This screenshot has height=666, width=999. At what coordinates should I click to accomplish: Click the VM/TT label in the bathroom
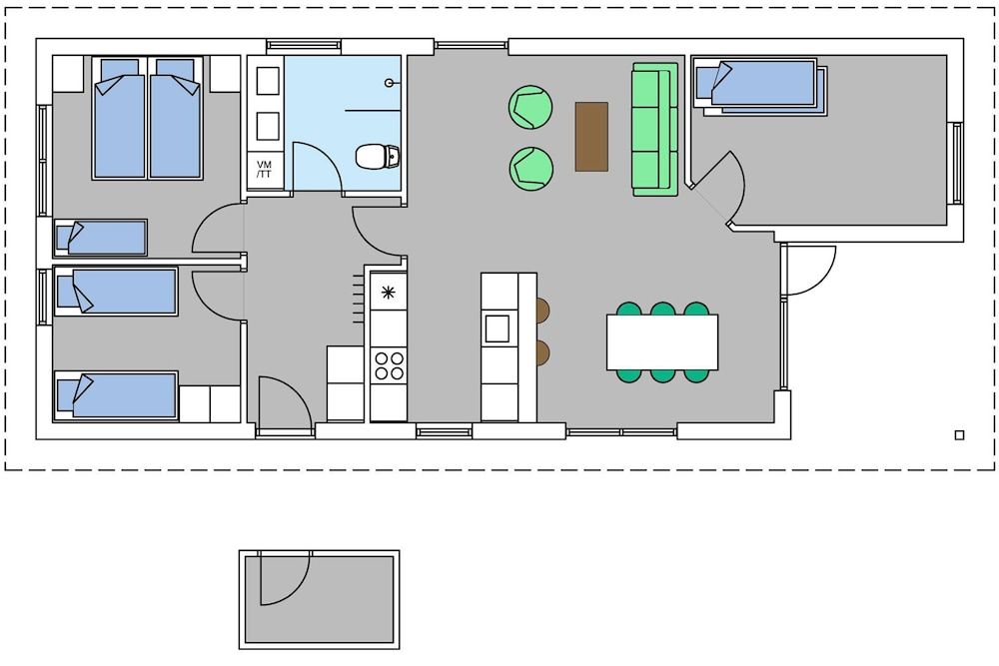coord(265,170)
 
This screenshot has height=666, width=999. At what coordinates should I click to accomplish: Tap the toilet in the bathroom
coord(379,156)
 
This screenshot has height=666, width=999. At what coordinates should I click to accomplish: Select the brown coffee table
coord(591,136)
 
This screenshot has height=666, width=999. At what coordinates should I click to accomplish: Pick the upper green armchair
coord(531,107)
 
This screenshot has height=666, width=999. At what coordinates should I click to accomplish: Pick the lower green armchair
coord(531,168)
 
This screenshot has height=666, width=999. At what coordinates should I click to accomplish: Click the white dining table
coord(662,341)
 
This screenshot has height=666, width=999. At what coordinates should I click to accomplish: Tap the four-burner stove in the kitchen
coord(389,365)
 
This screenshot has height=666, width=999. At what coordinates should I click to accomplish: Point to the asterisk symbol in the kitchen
coord(388,294)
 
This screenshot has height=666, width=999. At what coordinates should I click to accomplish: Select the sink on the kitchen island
coord(498,329)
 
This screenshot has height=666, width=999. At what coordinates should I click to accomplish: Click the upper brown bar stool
coord(543,311)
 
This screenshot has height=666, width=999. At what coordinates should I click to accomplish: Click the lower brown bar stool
coord(543,352)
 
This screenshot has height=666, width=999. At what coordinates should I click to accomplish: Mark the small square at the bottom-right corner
coord(959,434)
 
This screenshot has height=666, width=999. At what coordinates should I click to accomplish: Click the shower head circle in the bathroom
coord(397,84)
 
